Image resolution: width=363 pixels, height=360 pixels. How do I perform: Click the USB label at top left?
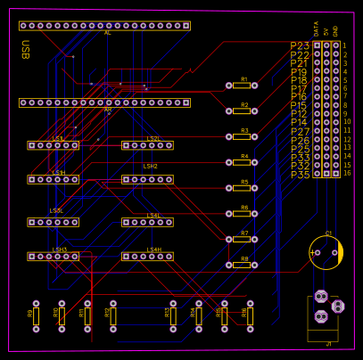[25, 50]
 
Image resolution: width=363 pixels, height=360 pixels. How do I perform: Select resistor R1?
[241, 86]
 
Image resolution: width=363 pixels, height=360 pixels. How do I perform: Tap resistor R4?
[241, 163]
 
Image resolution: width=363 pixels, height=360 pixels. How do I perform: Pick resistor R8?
[241, 266]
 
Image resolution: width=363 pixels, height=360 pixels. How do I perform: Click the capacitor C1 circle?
[326, 252]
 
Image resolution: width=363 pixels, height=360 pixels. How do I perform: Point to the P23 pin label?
[300, 45]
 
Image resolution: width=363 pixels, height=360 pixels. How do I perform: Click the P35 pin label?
[300, 175]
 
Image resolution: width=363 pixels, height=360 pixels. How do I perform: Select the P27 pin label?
[300, 132]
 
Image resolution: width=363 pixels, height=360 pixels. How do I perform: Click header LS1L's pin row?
[53, 145]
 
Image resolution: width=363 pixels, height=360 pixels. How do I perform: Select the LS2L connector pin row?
[147, 145]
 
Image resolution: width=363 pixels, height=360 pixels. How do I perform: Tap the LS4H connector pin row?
[147, 257]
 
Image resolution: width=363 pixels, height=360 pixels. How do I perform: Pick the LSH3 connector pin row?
[53, 257]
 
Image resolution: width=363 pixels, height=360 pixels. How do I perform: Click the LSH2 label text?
[150, 167]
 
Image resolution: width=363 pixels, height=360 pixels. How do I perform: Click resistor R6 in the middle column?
[241, 215]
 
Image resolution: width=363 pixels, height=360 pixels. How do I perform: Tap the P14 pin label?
[300, 123]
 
